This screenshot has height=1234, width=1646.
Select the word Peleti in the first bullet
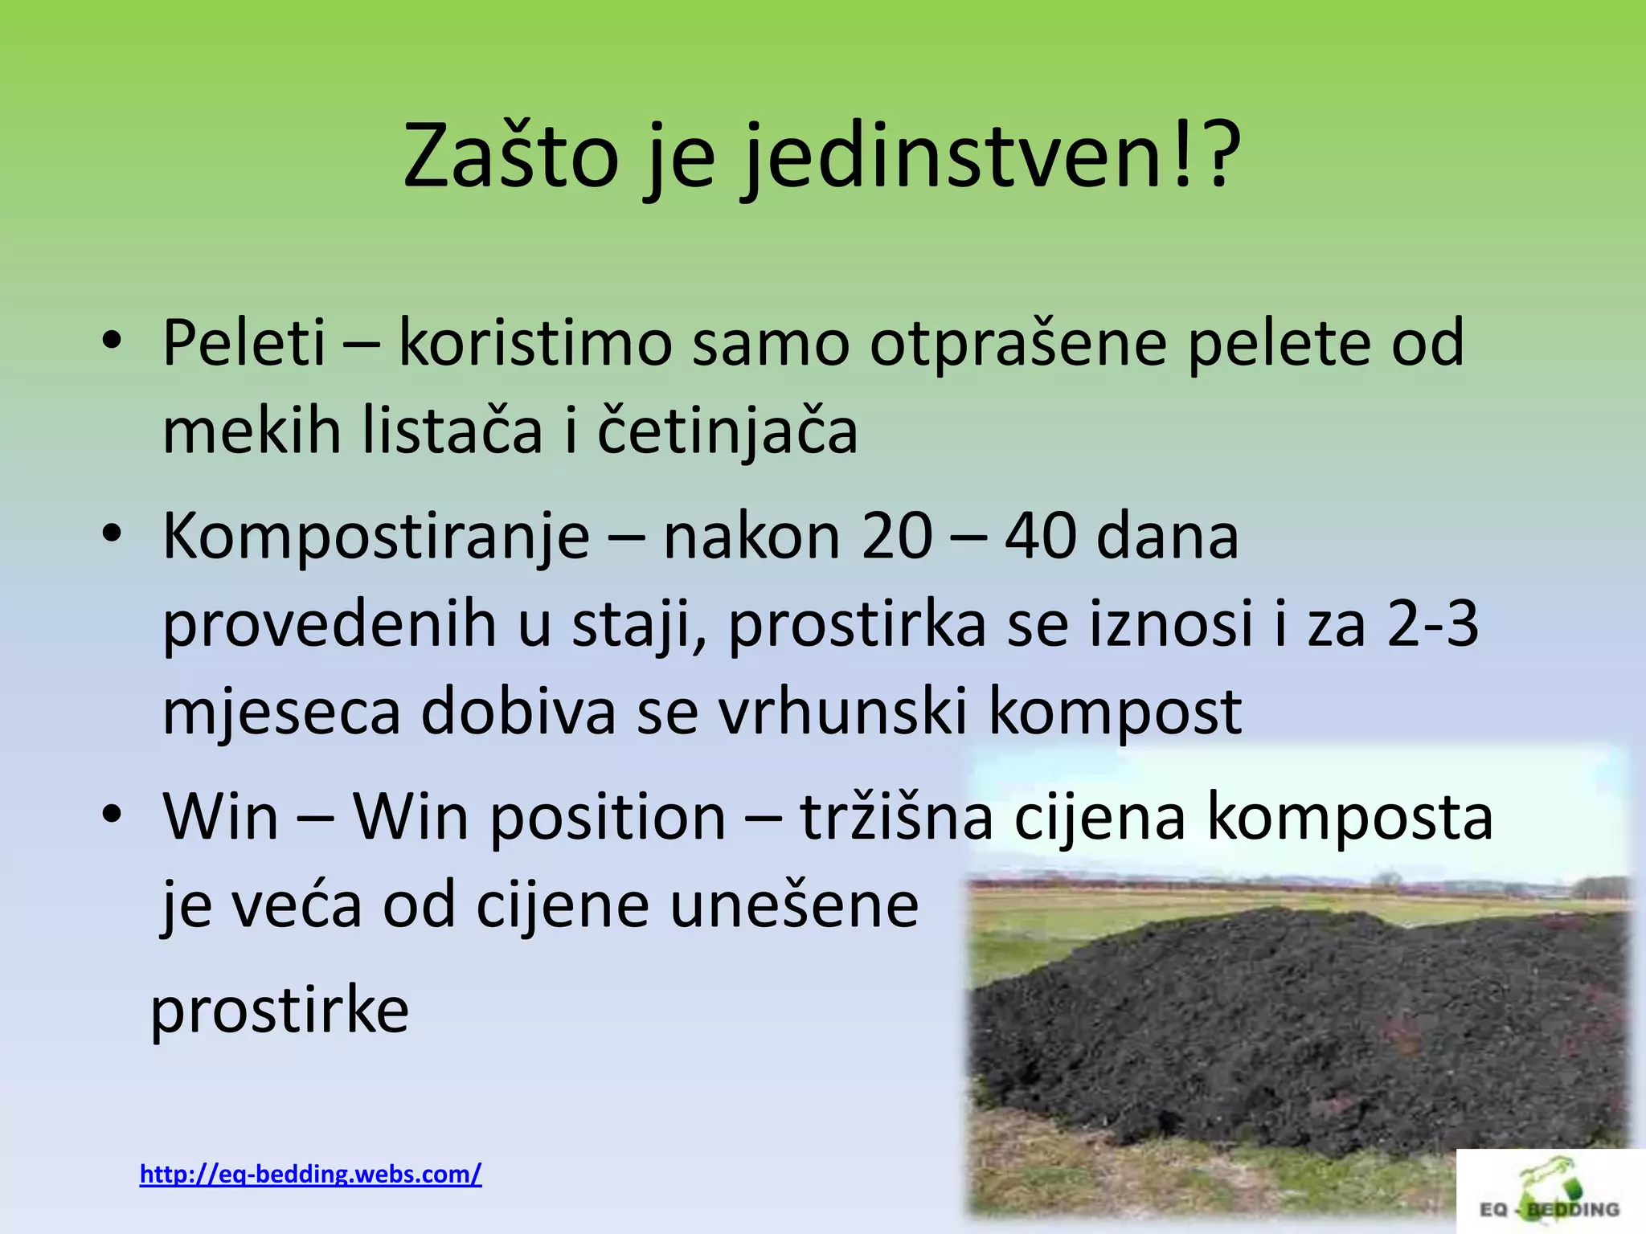[244, 344]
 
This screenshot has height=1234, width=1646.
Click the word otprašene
[1017, 344]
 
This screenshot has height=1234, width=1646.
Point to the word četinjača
[727, 431]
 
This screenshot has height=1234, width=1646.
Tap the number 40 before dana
[1040, 537]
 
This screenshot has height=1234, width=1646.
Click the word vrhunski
[842, 711]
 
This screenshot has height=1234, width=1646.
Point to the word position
[608, 818]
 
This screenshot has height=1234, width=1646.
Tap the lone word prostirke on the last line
[280, 1011]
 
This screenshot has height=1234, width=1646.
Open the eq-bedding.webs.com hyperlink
[310, 1175]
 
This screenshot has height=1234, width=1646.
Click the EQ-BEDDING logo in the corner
[1550, 1192]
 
